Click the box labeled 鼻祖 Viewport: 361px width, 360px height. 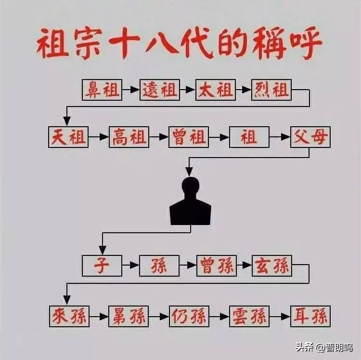pos(102,90)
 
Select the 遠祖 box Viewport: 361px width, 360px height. pos(160,90)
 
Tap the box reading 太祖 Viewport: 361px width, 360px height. pos(215,90)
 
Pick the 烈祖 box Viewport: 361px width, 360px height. pos(271,90)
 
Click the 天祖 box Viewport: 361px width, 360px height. pos(68,137)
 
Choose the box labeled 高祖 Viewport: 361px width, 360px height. pos(129,137)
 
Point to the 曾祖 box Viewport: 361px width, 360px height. pos(188,137)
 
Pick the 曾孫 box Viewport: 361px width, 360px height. pos(216,266)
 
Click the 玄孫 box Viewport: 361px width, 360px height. pos(271,266)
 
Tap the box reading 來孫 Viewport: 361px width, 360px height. pos(68,316)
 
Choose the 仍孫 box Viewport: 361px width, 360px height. pos(189,316)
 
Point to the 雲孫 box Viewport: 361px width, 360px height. pos(249,316)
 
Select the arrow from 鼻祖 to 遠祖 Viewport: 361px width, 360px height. pos(131,90)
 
